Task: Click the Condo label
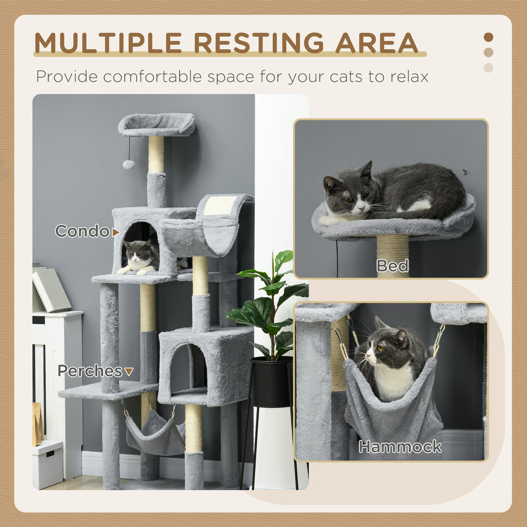click(82, 231)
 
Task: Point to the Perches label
click(90, 371)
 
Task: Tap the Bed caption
click(392, 266)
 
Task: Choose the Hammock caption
click(400, 446)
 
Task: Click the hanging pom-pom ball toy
click(128, 164)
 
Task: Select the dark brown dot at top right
click(488, 37)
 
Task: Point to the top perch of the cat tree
click(156, 124)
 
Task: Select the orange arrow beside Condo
click(116, 233)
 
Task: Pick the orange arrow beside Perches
click(128, 372)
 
